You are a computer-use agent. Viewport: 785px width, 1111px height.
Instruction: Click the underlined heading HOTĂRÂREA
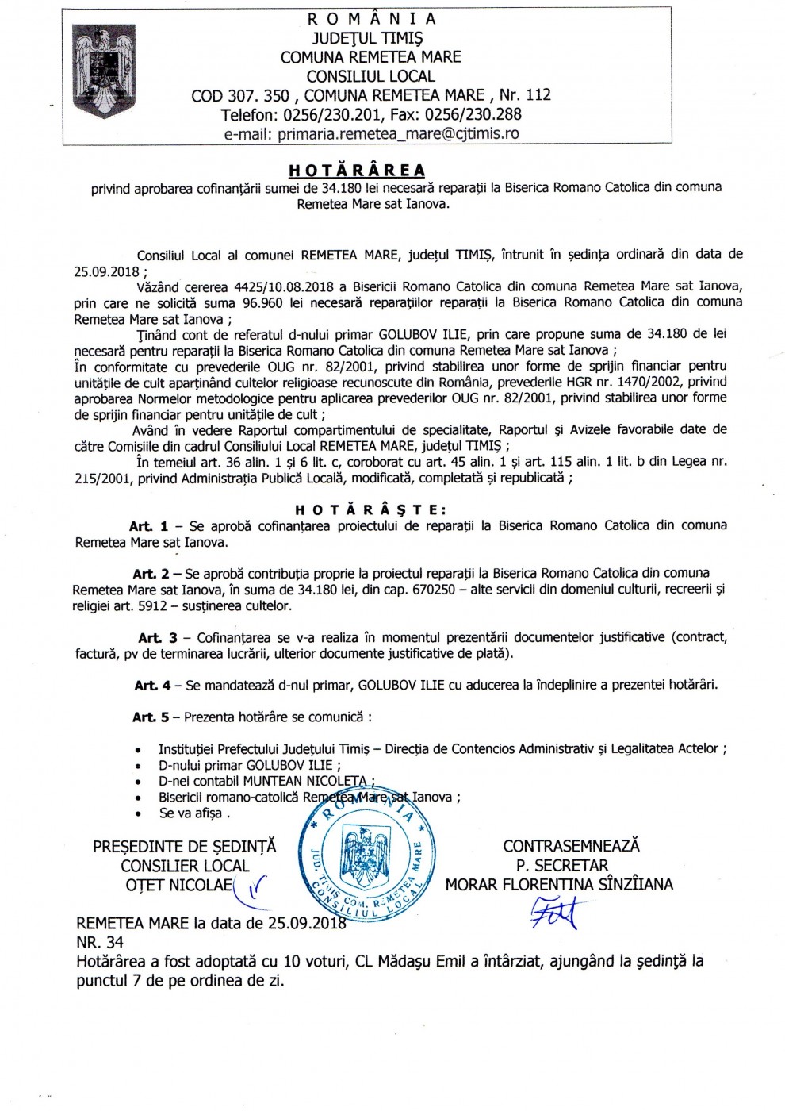pos(357,170)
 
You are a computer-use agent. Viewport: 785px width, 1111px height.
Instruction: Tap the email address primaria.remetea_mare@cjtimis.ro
pos(371,133)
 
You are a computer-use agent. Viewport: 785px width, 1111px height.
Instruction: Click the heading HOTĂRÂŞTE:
pos(370,509)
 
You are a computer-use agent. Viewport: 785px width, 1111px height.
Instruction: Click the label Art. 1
pos(149,526)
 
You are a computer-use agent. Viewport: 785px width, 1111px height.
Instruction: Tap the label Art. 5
pos(151,717)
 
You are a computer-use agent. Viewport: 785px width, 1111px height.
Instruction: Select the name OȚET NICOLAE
pos(179,884)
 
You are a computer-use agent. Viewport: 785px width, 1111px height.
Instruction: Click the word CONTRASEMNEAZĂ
pos(571,846)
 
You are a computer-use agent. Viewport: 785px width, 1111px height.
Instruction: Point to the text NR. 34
pos(100,942)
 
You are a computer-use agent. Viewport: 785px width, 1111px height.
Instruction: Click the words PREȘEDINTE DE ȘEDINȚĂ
pos(185,846)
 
